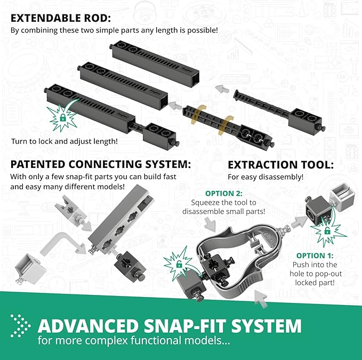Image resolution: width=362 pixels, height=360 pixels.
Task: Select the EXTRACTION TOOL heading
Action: coord(280,165)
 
